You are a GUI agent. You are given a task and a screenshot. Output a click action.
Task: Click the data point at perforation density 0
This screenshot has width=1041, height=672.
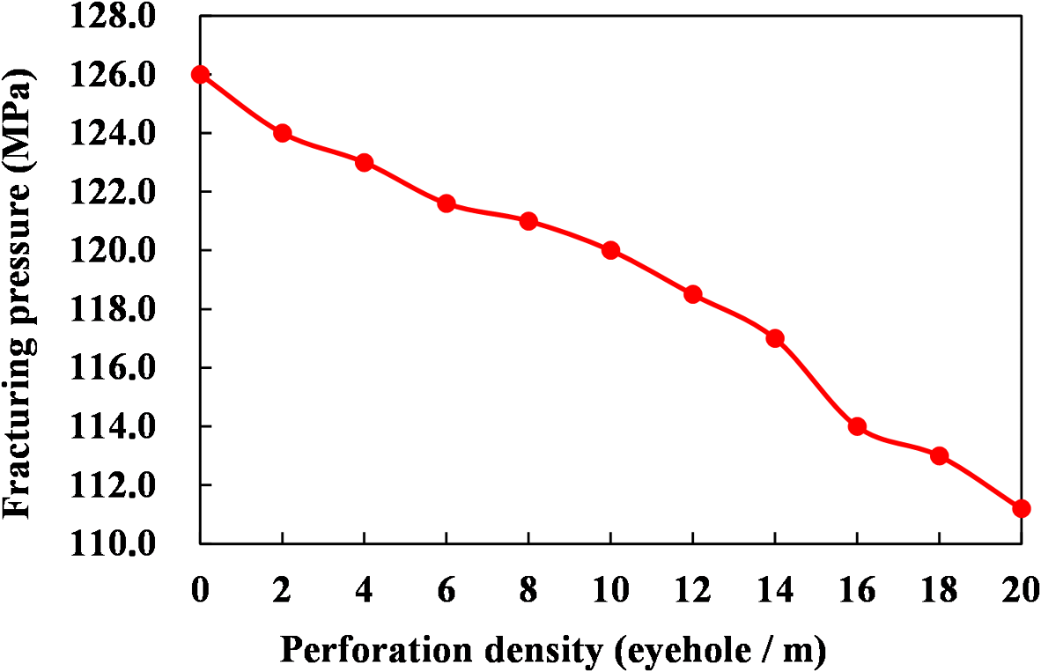coord(200,74)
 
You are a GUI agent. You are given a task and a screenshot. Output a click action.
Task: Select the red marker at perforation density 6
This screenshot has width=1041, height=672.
coord(447,203)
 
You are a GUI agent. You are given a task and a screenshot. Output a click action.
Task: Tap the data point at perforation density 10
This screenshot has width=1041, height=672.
coord(610,250)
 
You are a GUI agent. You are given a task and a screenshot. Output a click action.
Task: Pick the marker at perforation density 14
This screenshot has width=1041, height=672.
coord(775,338)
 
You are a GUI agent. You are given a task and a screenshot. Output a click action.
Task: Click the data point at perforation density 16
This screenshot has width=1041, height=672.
coord(857,426)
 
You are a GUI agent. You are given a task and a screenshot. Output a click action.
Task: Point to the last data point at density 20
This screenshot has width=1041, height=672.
coord(1022,508)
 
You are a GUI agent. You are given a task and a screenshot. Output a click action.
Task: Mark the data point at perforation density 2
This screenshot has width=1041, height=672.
coord(282,133)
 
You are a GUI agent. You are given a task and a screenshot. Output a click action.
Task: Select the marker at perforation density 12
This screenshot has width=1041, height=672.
coord(693,294)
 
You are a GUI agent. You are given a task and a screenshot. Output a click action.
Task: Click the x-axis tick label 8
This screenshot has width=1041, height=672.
coord(528,590)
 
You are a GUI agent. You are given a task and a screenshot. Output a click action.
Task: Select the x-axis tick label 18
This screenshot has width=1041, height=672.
coord(939,590)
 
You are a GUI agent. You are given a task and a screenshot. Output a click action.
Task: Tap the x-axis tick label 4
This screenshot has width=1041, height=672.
coord(364,590)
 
